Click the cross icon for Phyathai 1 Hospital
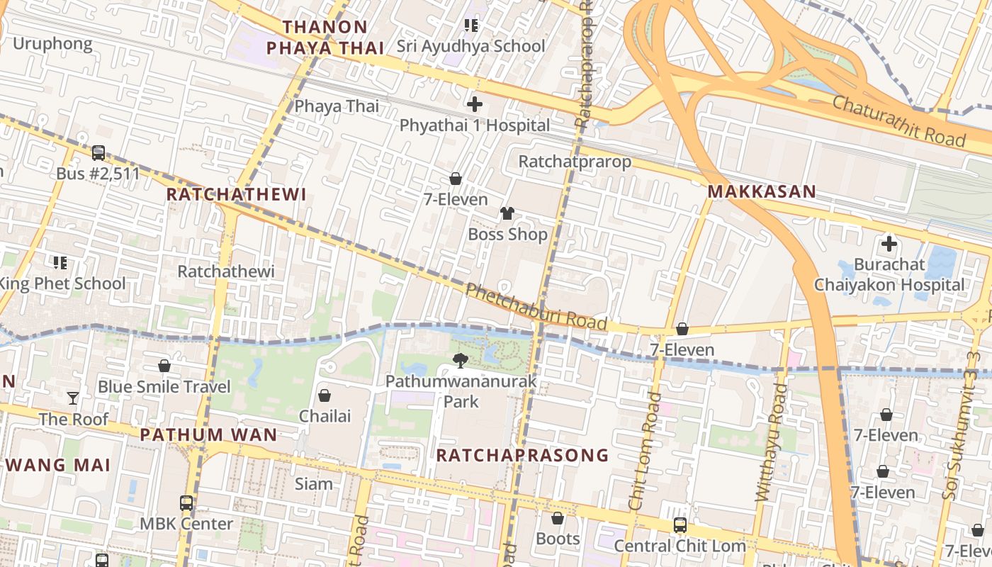pos(475,105)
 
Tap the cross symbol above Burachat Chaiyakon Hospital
pos(889,245)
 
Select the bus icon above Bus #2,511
pos(98,152)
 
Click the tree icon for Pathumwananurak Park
pos(461,361)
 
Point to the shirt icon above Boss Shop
pos(507,213)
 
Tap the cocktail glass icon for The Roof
pos(73,398)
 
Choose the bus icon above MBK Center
pos(186,503)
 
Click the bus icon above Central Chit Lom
pos(680,525)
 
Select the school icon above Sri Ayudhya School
pos(471,26)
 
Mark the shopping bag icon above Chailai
pos(325,395)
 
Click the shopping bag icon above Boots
pos(558,518)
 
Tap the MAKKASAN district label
pos(762,191)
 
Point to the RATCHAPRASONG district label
pos(522,455)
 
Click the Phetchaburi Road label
pos(536,307)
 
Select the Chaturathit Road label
pos(898,121)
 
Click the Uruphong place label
pos(52,44)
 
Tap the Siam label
pos(313,484)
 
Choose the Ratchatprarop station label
pos(575,162)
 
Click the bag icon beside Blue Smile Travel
pos(164,366)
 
